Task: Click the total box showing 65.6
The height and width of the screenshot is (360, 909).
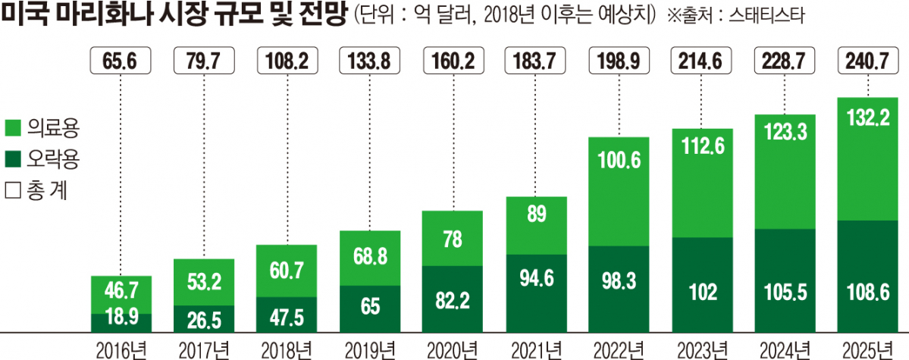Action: (121, 61)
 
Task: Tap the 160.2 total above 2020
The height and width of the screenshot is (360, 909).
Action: (453, 61)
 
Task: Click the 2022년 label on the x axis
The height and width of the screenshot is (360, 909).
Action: (619, 349)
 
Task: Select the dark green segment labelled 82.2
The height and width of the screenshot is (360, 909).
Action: (453, 298)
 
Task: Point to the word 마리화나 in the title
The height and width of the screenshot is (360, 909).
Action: (110, 15)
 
